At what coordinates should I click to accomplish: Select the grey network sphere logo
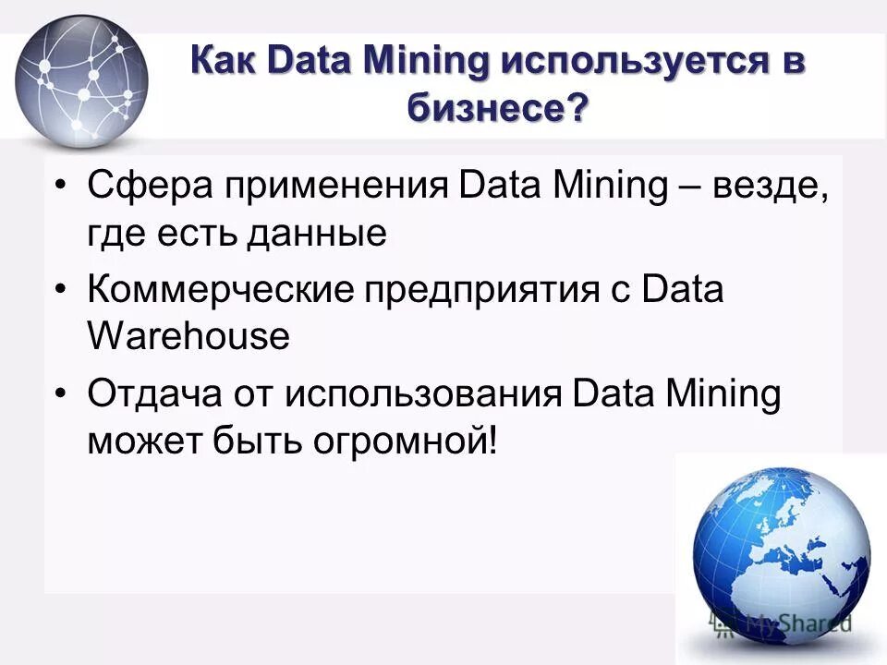coord(81,82)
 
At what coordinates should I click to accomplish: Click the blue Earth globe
coord(782,553)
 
